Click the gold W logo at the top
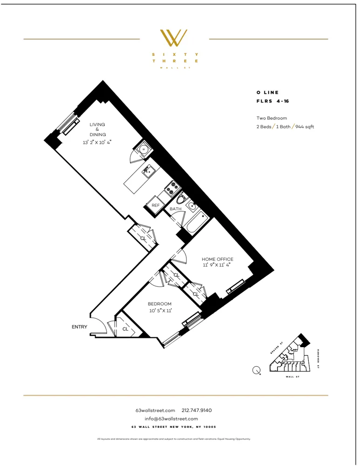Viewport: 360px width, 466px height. tap(174, 38)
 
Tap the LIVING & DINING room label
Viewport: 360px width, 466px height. tap(97, 130)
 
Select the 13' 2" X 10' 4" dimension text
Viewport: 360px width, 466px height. tap(97, 143)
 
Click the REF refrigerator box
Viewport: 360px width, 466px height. tap(155, 206)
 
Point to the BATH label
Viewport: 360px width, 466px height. tap(175, 209)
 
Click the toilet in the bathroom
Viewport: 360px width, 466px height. tap(190, 205)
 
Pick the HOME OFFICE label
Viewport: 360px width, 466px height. tap(217, 259)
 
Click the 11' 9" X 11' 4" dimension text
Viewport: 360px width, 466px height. tap(217, 265)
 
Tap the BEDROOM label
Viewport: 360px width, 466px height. tap(160, 304)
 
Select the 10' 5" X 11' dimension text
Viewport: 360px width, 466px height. tap(160, 310)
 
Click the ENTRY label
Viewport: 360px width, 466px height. tap(79, 327)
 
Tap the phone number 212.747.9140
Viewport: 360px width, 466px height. tap(197, 411)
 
